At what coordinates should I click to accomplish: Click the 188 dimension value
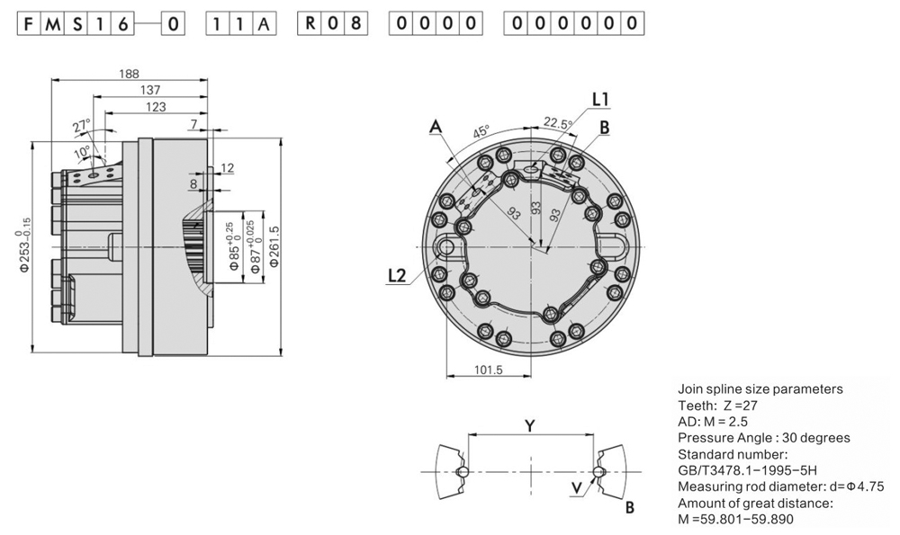pyautogui.click(x=130, y=74)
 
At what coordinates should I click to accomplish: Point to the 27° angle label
pyautogui.click(x=82, y=126)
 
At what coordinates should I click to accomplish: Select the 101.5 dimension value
pyautogui.click(x=486, y=370)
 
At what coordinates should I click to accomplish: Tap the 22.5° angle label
pyautogui.click(x=557, y=123)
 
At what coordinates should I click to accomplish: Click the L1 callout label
pyautogui.click(x=600, y=98)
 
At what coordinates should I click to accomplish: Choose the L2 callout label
pyautogui.click(x=397, y=276)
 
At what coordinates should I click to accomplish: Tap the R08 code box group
pyautogui.click(x=334, y=23)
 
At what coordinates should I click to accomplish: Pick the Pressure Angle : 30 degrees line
pyautogui.click(x=763, y=438)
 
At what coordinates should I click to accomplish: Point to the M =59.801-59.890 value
pyautogui.click(x=735, y=519)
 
